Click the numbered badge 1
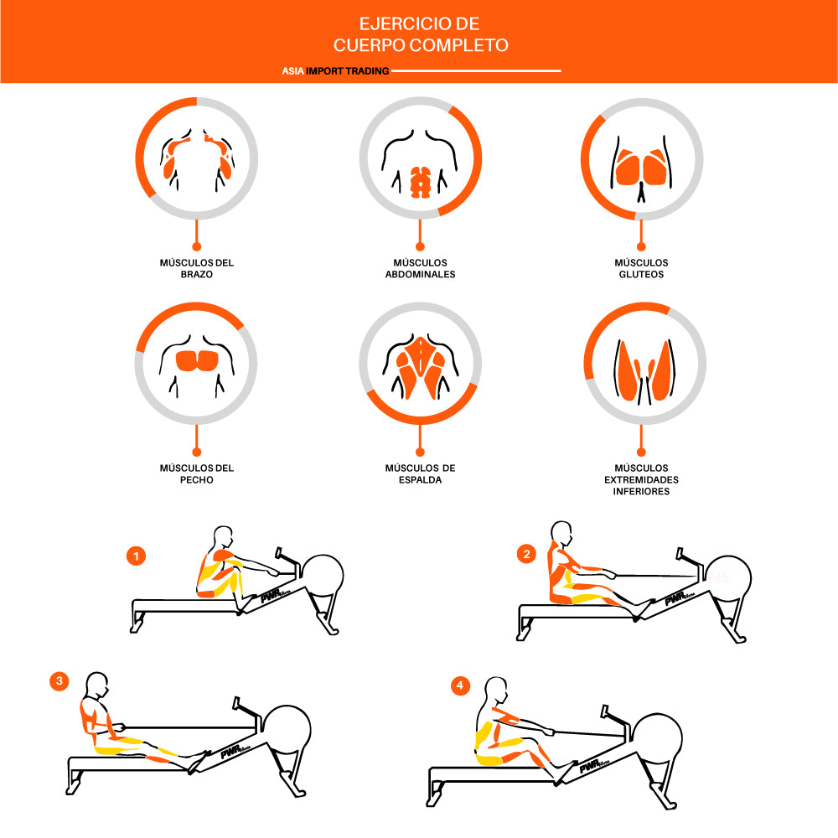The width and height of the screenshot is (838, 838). point(137,556)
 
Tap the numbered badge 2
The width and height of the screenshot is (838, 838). point(526,554)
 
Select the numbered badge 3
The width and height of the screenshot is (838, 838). point(59,680)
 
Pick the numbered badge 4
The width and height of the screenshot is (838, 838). point(460,685)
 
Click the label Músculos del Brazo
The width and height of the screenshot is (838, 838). point(197,268)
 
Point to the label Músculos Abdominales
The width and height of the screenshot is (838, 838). point(420,268)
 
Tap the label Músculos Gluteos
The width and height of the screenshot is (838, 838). point(641,268)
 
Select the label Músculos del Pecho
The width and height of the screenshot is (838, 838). point(197,473)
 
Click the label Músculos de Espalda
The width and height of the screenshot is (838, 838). point(420,473)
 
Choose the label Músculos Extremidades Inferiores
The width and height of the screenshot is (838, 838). point(641,479)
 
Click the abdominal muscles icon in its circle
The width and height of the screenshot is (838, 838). point(420,182)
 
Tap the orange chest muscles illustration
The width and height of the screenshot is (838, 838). point(197,360)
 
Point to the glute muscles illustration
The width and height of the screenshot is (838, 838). point(641,167)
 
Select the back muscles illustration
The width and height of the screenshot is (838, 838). point(421,368)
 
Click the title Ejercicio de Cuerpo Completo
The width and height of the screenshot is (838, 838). point(421,34)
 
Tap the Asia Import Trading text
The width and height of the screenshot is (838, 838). point(336,70)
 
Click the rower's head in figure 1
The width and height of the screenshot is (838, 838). point(223,536)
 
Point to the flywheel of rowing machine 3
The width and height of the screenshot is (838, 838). point(287,730)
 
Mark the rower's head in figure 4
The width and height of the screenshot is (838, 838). point(496,691)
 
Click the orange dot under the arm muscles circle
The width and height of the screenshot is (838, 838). point(197,246)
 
